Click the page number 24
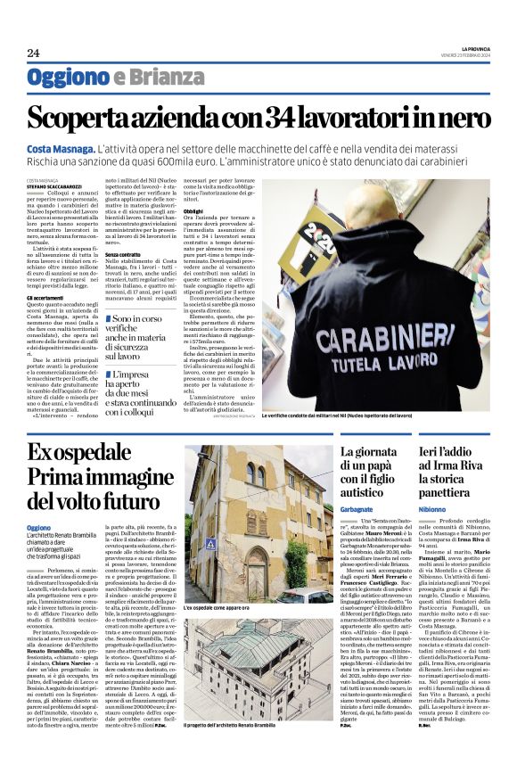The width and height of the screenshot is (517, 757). pyautogui.click(x=33, y=53)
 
